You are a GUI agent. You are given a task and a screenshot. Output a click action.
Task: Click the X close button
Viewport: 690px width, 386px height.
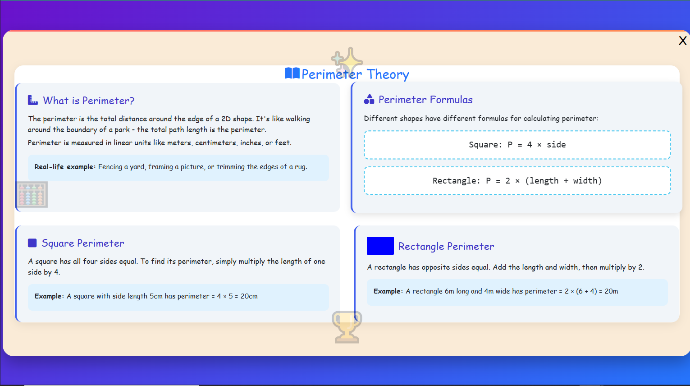(682, 41)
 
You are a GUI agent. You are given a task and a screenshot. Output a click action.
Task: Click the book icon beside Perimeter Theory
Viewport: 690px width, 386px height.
(292, 73)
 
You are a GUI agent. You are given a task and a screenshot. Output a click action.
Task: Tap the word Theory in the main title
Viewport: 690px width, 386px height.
(388, 74)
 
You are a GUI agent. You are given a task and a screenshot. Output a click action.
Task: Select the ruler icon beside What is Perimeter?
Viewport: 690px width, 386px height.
(33, 100)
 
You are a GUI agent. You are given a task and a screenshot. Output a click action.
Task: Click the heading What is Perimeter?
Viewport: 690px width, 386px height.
(89, 101)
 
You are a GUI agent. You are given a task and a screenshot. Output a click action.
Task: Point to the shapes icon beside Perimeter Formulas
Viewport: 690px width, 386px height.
(369, 99)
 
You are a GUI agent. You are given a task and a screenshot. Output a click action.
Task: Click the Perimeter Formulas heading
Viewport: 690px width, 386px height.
(425, 100)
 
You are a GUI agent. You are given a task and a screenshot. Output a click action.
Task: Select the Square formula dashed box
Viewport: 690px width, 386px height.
(517, 145)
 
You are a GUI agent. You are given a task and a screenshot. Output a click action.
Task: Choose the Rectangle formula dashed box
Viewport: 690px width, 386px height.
(517, 181)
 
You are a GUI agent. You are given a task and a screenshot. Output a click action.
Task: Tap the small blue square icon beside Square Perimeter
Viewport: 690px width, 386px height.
(32, 243)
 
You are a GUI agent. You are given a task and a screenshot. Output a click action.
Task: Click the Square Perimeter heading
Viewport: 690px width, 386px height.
(83, 244)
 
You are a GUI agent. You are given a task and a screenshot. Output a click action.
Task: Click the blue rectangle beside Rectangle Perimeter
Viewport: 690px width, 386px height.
(380, 246)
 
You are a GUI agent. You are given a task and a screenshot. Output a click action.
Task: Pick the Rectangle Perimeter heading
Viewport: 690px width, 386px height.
(446, 246)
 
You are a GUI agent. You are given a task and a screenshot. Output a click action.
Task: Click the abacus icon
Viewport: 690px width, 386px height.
(32, 195)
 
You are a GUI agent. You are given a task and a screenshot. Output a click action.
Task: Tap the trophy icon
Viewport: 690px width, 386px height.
(347, 326)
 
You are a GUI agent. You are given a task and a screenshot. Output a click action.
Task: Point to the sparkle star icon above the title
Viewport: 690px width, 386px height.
(347, 60)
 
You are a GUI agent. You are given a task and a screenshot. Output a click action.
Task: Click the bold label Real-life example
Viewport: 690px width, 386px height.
(64, 167)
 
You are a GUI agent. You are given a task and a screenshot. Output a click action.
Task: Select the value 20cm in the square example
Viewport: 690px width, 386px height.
(249, 296)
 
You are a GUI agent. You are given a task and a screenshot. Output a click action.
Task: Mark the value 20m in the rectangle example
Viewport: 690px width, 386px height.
(611, 291)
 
